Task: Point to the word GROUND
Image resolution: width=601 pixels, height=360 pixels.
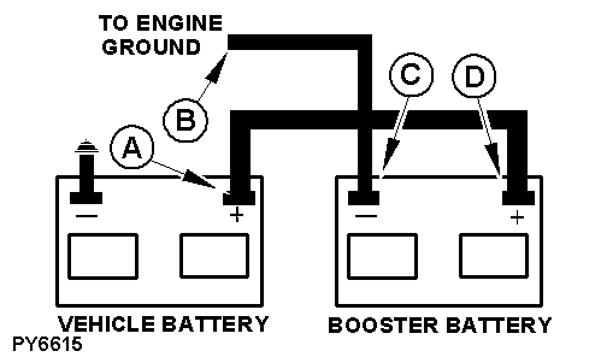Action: pyautogui.click(x=151, y=47)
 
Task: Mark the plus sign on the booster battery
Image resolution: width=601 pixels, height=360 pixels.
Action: pyautogui.click(x=516, y=217)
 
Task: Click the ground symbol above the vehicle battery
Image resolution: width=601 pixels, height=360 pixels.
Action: pyautogui.click(x=85, y=147)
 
